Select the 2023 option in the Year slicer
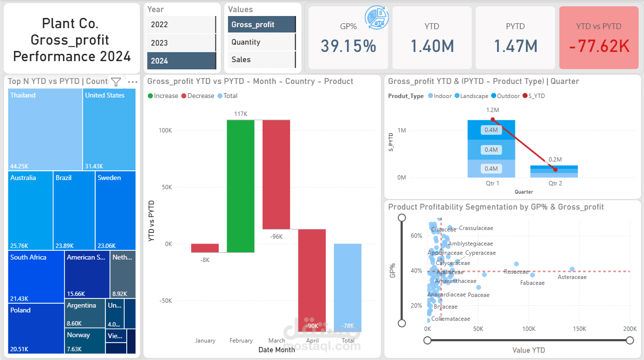click(x=181, y=43)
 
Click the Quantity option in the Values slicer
click(x=261, y=42)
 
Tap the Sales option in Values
click(x=261, y=60)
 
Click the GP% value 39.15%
click(x=348, y=46)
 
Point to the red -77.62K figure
click(x=599, y=46)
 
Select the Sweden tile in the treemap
click(x=116, y=210)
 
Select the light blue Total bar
click(x=347, y=287)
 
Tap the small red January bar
click(x=205, y=248)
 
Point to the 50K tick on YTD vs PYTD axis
click(x=165, y=187)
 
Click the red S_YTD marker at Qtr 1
click(x=492, y=119)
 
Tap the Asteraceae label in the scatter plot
click(x=572, y=278)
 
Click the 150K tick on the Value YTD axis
click(x=579, y=329)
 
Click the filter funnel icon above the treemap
click(x=116, y=82)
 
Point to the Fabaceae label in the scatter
click(x=532, y=283)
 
